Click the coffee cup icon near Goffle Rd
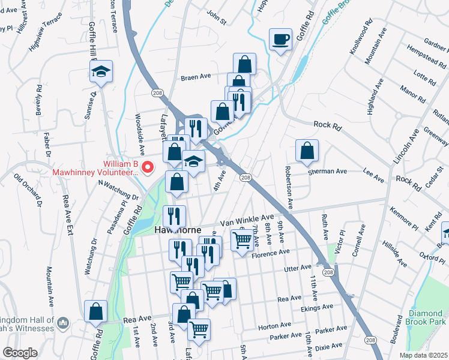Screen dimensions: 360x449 [x=280, y=40]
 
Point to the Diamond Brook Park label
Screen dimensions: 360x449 [x=427, y=318]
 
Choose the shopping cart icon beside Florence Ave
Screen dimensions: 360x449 [x=241, y=241]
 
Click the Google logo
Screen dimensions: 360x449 [x=20, y=353]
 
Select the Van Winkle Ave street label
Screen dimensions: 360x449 [x=247, y=220]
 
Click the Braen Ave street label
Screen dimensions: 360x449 [x=196, y=77]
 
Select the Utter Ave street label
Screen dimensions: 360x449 [x=297, y=266]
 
